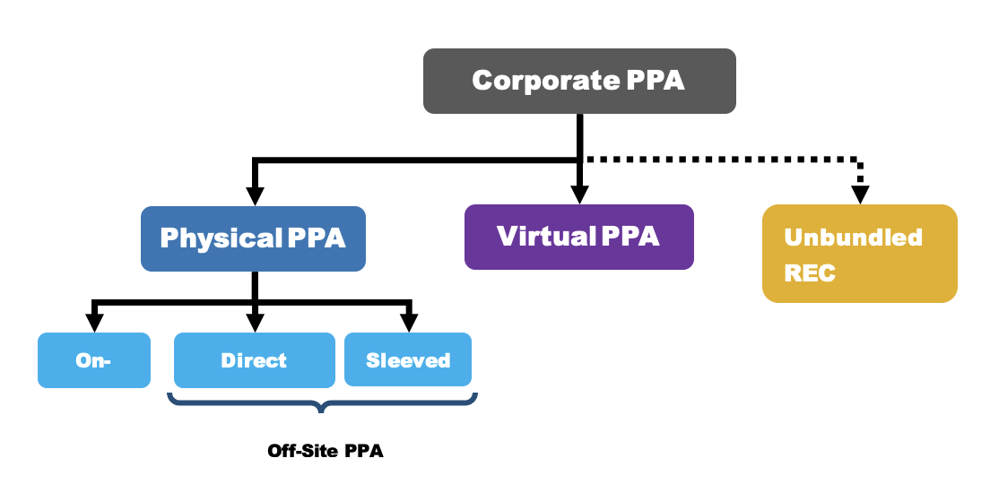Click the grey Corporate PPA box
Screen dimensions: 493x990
579,81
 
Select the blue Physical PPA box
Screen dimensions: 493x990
253,238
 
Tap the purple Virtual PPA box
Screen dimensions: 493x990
578,237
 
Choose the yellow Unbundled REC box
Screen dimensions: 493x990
859,254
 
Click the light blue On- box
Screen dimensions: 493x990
93,360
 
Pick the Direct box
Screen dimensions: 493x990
254,360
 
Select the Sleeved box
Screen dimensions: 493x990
408,360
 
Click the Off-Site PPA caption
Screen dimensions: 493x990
326,451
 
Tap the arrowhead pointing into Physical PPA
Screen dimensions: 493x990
255,196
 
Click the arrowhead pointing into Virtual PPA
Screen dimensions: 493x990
579,195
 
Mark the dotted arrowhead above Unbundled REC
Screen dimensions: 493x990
861,195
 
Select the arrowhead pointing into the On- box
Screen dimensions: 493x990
93,323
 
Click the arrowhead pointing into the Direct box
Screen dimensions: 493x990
255,323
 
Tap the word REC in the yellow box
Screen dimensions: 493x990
810,272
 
